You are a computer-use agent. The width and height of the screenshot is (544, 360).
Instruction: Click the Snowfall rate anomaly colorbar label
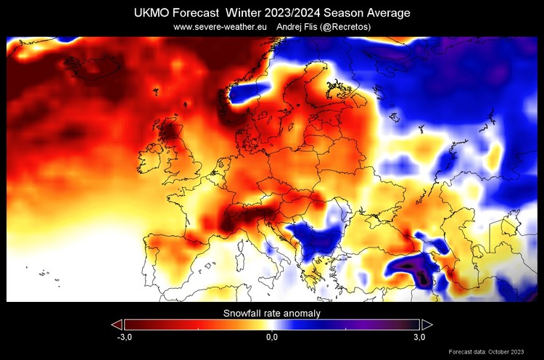(x=271, y=314)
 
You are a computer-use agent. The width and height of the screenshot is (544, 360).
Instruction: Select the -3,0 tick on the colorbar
(x=125, y=337)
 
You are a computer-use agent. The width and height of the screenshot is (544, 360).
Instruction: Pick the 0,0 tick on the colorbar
(x=271, y=337)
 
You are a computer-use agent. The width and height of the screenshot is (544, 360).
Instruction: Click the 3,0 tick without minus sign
(x=419, y=337)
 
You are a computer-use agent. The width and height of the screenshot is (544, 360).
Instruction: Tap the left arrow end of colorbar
(x=117, y=324)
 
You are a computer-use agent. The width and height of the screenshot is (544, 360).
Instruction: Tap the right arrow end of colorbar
(x=427, y=324)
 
